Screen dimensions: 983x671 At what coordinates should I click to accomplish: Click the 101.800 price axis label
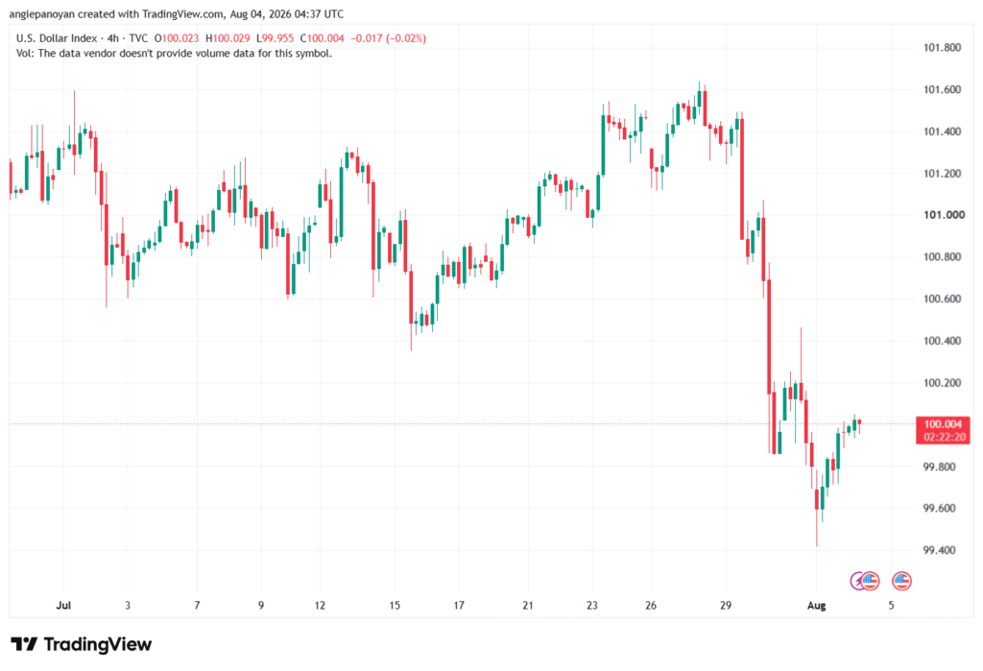(x=942, y=48)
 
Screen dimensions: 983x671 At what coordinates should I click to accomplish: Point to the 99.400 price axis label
(x=939, y=551)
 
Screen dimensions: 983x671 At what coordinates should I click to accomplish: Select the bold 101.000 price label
(x=945, y=215)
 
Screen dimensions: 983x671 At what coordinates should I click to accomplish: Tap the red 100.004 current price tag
(x=943, y=430)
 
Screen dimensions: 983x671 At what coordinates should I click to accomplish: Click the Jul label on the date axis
(x=63, y=605)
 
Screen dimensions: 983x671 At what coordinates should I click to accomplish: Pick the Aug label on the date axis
(x=816, y=605)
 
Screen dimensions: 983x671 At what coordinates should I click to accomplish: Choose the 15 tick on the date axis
(x=395, y=605)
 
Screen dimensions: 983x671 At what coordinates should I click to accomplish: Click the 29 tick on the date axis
(x=726, y=605)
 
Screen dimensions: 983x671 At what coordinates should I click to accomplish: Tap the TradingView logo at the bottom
(x=82, y=645)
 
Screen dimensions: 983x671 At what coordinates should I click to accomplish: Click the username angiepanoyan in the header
(x=42, y=13)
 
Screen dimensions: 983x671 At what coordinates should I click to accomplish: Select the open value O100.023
(x=177, y=38)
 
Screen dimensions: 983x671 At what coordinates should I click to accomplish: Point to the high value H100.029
(x=228, y=38)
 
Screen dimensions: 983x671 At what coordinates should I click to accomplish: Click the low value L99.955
(x=275, y=38)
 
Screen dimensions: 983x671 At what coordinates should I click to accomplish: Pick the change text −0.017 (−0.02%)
(x=388, y=38)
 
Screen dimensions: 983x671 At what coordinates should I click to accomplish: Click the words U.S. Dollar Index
(x=57, y=38)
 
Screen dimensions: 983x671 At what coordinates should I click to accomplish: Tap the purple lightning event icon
(x=857, y=582)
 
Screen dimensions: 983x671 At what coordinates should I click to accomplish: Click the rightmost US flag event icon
(x=901, y=582)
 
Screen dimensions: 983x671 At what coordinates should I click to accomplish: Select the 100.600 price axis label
(x=942, y=300)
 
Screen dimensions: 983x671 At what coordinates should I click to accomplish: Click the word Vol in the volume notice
(x=24, y=54)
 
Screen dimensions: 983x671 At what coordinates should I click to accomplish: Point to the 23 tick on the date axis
(x=591, y=605)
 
